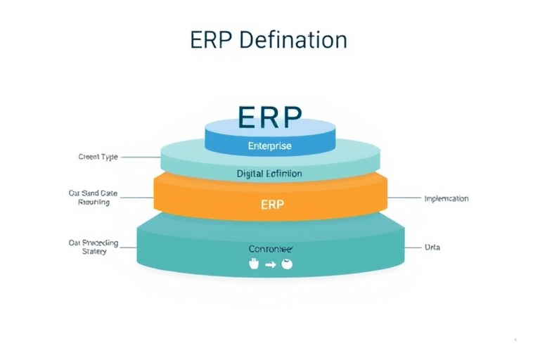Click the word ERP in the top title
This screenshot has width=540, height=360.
(x=212, y=39)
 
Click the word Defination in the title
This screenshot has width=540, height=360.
(x=292, y=39)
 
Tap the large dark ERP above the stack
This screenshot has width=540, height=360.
(x=269, y=117)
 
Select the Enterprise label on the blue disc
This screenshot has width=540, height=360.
(x=269, y=146)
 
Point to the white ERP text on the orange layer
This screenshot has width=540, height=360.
(x=271, y=205)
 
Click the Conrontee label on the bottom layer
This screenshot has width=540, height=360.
(x=270, y=249)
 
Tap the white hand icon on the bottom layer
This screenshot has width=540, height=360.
(x=255, y=264)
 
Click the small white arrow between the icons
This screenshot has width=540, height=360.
(x=270, y=265)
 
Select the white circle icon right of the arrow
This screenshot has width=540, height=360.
(x=285, y=264)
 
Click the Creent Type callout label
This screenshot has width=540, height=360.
(x=98, y=157)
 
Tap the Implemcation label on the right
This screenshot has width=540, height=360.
(x=446, y=198)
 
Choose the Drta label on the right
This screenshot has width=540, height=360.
(x=432, y=247)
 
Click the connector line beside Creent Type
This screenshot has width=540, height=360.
(x=141, y=157)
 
